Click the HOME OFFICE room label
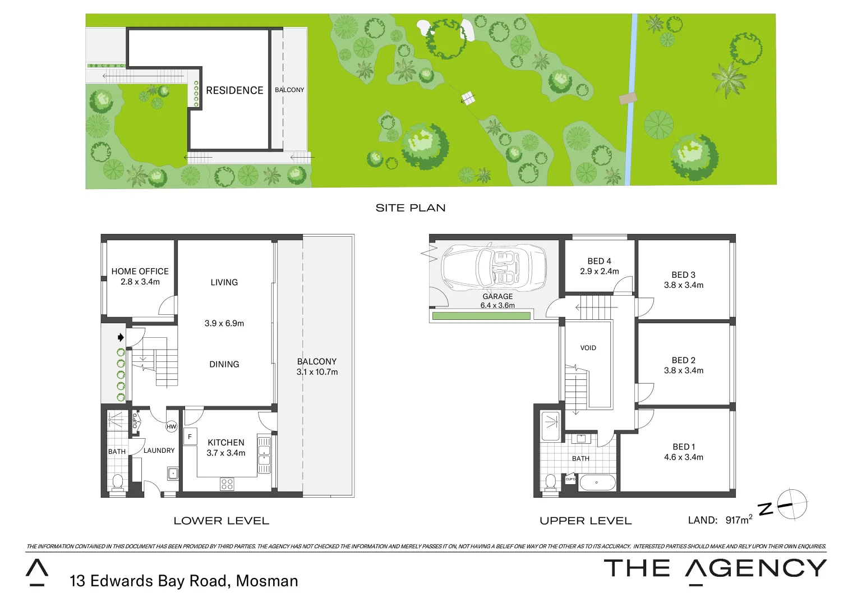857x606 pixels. point(140,272)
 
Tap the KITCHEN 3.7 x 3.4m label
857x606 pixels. point(226,448)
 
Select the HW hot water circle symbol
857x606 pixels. point(171,427)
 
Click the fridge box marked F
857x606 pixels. point(190,437)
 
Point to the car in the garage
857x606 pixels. point(494,268)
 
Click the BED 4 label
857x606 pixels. point(599,261)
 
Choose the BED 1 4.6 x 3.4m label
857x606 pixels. point(683,452)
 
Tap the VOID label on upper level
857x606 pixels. point(588,348)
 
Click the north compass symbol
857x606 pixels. point(791,504)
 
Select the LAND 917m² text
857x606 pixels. point(720,520)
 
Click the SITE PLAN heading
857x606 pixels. point(411,208)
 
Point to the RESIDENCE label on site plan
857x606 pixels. point(234,90)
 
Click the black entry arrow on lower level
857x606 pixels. point(121,338)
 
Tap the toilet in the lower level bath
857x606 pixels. point(118,482)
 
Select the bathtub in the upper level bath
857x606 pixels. point(597,483)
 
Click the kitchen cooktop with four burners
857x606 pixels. point(227,484)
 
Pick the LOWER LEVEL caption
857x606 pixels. point(221,521)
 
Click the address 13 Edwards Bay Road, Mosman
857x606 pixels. point(183,581)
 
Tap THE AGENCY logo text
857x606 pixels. point(715,569)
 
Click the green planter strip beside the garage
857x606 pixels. point(481,316)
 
